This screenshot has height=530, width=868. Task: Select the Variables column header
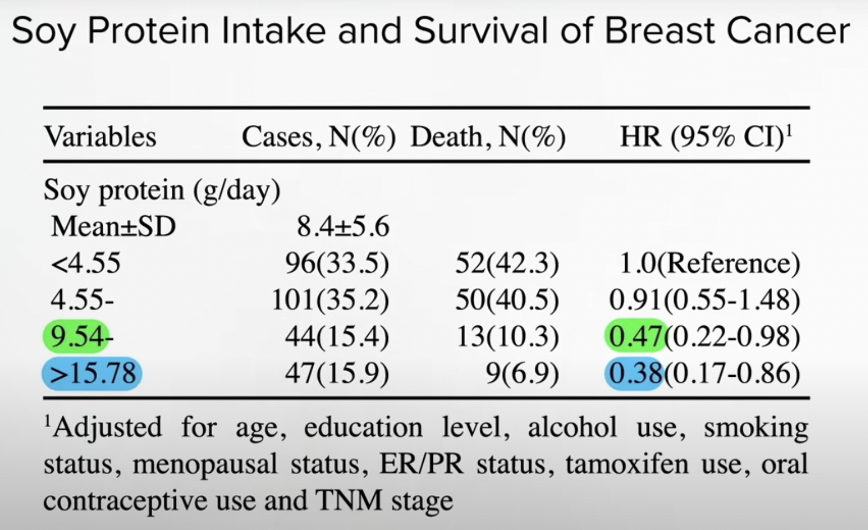[100, 137]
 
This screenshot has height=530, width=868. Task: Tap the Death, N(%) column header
[488, 137]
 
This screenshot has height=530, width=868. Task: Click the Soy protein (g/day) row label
[162, 191]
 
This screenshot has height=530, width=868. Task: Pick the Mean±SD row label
[113, 226]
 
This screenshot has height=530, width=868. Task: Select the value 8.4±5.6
[343, 226]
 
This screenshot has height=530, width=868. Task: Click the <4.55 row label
[86, 263]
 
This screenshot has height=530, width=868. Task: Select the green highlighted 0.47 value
[635, 336]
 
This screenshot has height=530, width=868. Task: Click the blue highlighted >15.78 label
[92, 373]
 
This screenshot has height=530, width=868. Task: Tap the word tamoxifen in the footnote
[627, 464]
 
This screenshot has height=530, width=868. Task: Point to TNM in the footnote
[348, 500]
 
